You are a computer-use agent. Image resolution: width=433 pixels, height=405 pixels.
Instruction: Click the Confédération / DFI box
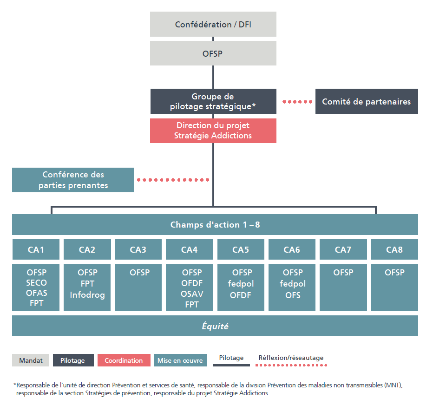(213, 24)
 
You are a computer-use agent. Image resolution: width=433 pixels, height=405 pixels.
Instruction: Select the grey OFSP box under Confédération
(213, 53)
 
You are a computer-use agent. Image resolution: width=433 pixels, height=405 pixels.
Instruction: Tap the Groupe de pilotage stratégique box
(213, 101)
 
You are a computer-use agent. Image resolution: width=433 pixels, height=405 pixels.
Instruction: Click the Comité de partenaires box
(366, 101)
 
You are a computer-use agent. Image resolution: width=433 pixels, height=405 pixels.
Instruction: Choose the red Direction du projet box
(213, 131)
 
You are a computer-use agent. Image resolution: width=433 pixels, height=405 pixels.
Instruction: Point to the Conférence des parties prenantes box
(73, 180)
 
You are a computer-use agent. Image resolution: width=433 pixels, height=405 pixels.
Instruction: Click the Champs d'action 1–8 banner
(215, 225)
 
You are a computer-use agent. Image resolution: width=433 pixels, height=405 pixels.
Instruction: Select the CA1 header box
(36, 250)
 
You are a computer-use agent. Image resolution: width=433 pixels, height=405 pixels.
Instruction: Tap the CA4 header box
(190, 250)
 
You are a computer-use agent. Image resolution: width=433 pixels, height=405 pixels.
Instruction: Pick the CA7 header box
(343, 250)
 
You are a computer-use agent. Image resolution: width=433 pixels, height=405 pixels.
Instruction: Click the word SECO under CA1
(36, 283)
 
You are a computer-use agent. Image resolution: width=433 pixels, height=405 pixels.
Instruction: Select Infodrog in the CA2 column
(87, 294)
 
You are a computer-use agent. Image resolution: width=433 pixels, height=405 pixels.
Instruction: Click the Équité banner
(215, 326)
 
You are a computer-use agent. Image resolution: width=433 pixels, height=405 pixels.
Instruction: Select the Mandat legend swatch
(31, 360)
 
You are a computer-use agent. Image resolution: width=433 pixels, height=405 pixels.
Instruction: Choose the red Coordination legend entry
(124, 360)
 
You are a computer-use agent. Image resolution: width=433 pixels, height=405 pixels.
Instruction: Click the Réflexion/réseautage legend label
(291, 358)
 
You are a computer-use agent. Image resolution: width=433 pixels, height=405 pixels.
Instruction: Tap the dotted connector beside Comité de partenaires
(297, 102)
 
